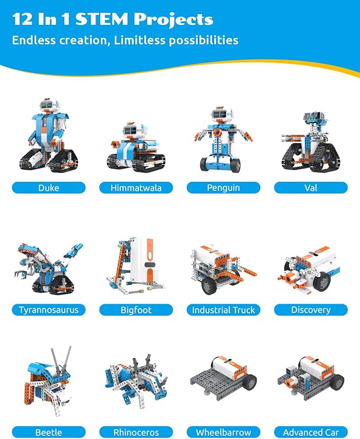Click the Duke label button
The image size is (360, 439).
(x=49, y=188)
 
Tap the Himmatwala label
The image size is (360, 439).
(x=136, y=188)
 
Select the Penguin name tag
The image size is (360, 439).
(x=223, y=188)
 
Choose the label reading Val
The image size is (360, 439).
(x=311, y=188)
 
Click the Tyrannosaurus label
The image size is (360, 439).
(x=49, y=310)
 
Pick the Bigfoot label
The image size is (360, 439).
(x=136, y=310)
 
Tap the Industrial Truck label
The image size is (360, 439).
(x=223, y=310)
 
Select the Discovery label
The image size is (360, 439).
(x=311, y=310)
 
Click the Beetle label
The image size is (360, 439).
(x=49, y=432)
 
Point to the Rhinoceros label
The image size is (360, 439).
(x=136, y=432)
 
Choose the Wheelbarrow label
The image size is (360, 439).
(x=223, y=432)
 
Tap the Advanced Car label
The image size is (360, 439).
(x=311, y=432)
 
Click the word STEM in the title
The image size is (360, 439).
(x=102, y=19)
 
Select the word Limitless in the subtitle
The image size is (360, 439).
(x=139, y=40)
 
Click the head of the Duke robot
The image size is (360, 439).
(x=49, y=105)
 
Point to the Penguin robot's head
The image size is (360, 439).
(x=222, y=113)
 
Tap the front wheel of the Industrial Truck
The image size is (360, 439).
(x=208, y=286)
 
